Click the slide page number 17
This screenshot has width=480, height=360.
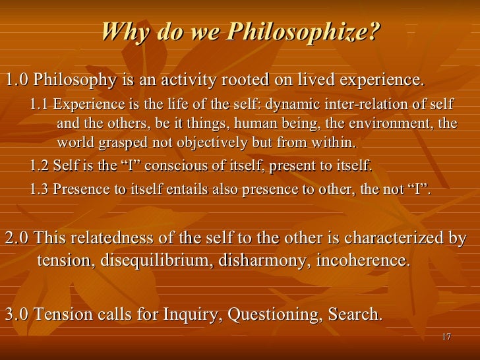[x=446, y=337]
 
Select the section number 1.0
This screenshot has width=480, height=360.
[x=16, y=80]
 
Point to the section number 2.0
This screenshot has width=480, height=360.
[x=16, y=238]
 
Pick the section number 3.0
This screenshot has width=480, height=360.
[x=16, y=315]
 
